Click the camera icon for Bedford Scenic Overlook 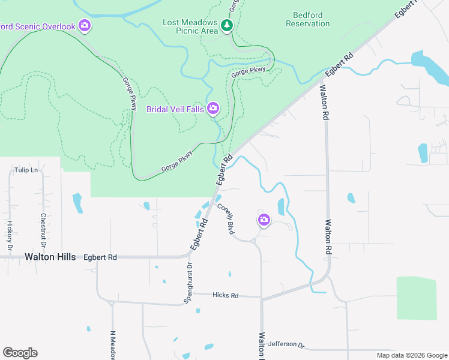[x=85, y=25]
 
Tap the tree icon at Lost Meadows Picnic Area [x=227, y=25]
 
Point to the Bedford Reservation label [x=308, y=19]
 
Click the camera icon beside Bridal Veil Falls [x=212, y=109]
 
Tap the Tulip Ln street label [x=26, y=170]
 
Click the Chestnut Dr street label [x=43, y=230]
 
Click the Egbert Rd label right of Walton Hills [x=100, y=257]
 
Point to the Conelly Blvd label [x=226, y=218]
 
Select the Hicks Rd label [x=225, y=295]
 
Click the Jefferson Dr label [x=287, y=344]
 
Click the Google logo [x=20, y=353]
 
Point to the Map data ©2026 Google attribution [x=412, y=355]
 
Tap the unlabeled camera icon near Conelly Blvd [x=264, y=221]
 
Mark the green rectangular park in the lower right [x=416, y=298]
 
